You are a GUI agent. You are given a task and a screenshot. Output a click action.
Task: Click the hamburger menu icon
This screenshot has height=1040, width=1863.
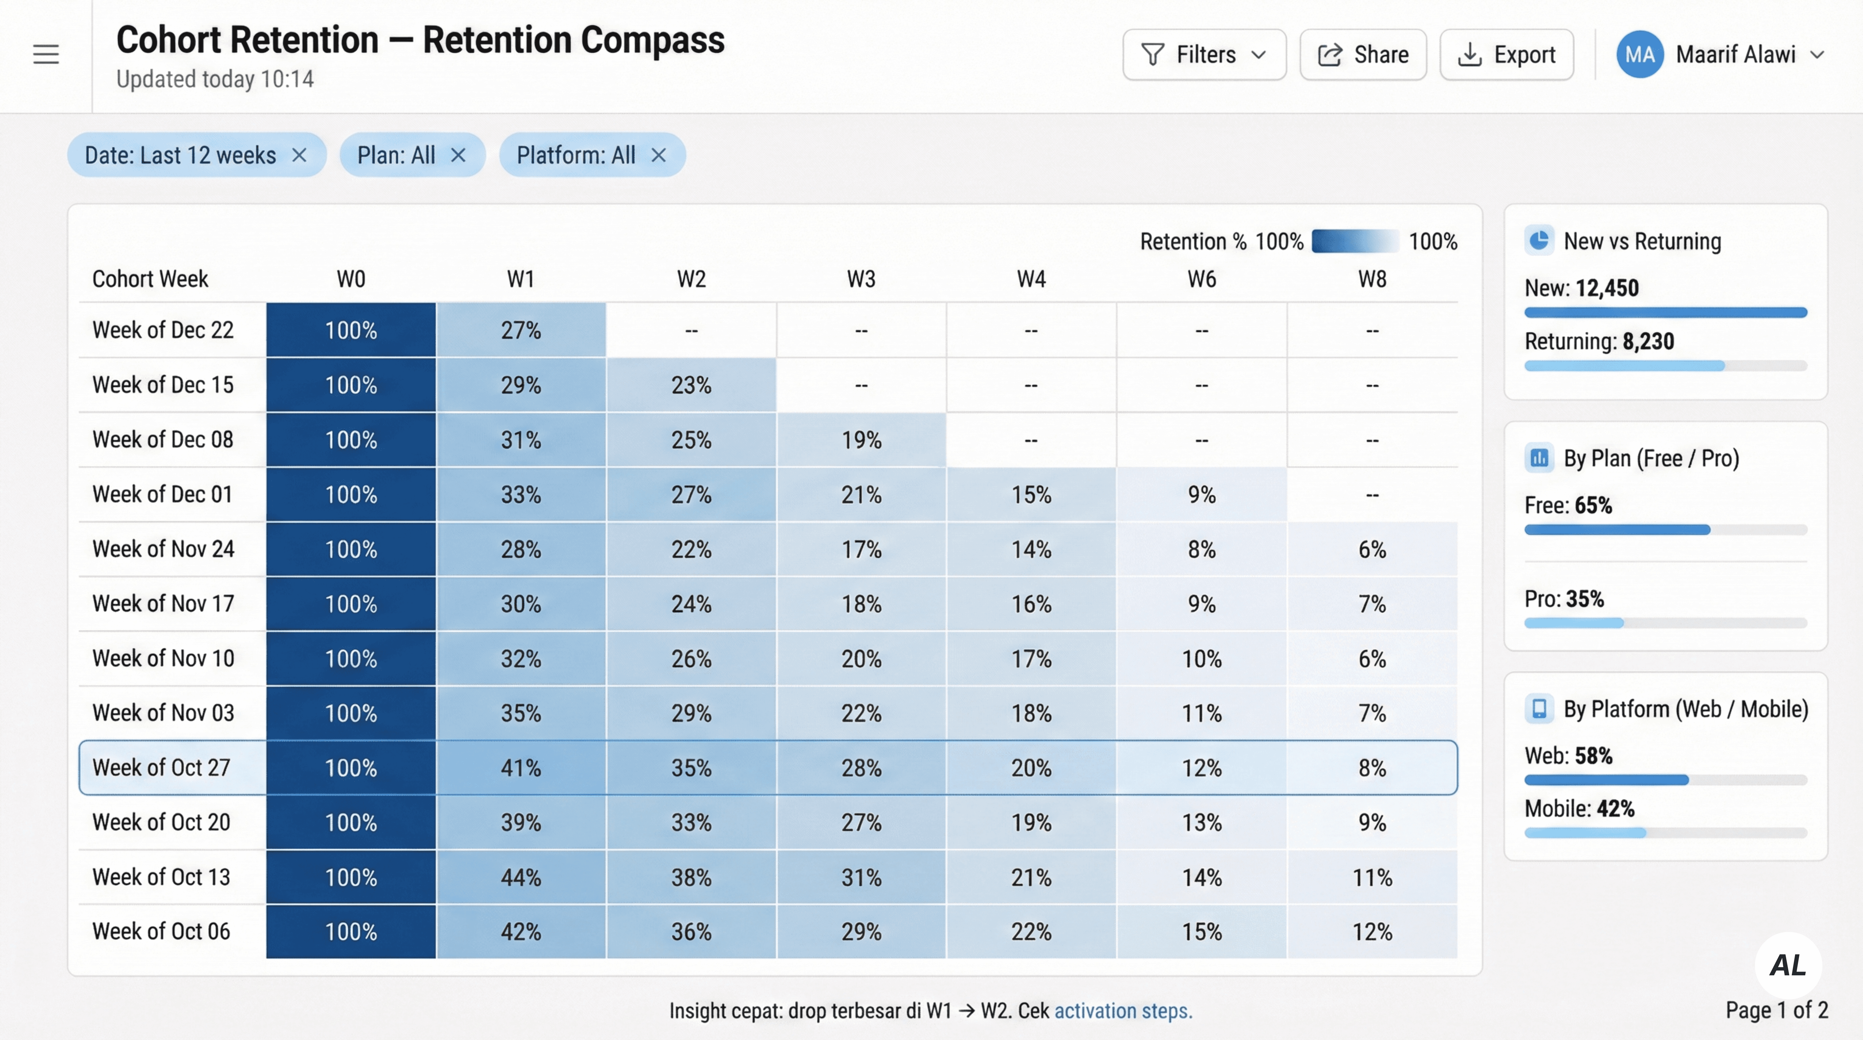tap(46, 54)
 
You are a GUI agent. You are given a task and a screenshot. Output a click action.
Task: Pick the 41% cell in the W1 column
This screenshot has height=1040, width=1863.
tap(521, 767)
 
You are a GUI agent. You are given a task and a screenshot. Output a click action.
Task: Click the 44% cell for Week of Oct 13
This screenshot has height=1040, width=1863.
tap(521, 877)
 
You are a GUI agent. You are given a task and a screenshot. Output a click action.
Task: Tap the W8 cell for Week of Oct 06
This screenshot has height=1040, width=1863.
tap(1372, 932)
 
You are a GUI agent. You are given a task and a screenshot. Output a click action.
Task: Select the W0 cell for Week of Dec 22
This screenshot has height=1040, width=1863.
tap(351, 330)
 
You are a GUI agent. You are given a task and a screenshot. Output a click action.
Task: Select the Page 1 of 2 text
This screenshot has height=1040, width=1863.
tap(1776, 1010)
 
